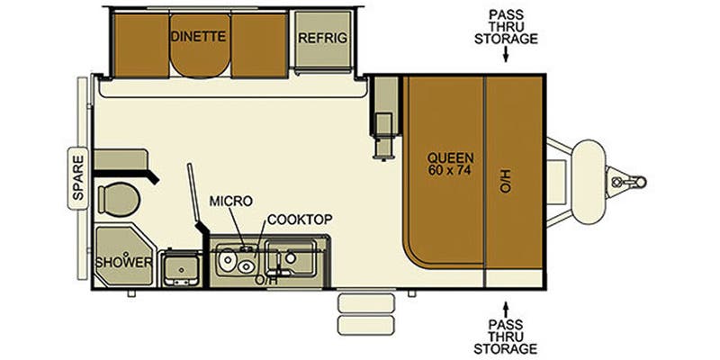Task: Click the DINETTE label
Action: click(x=198, y=37)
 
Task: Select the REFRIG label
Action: click(x=323, y=37)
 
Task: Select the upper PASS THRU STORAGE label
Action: click(x=513, y=26)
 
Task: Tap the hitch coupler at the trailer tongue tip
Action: click(x=620, y=181)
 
